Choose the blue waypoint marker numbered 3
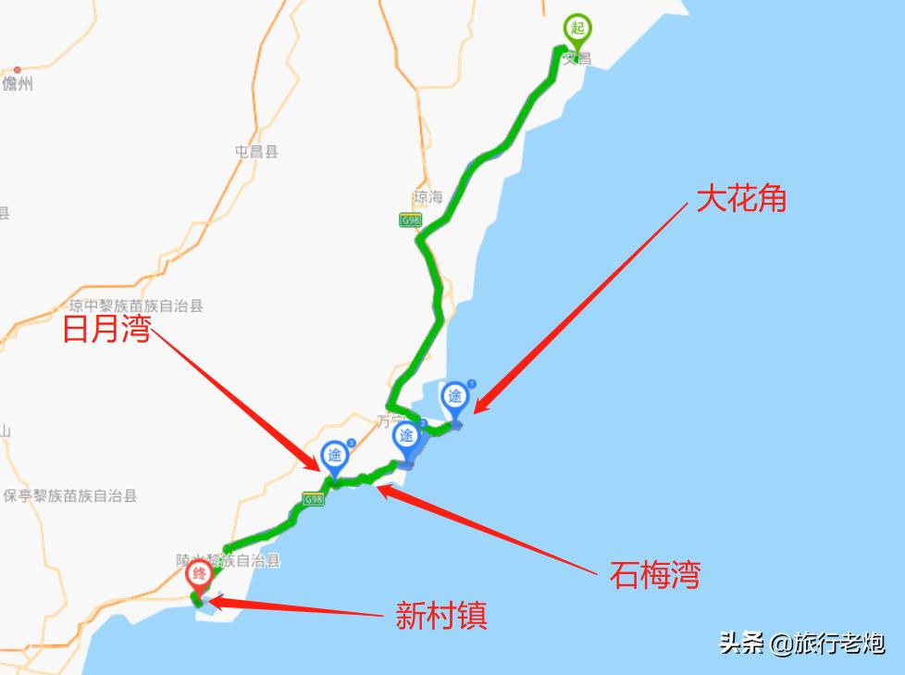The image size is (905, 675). [x=334, y=456]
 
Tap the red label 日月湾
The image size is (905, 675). [x=106, y=330]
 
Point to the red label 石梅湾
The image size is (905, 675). [x=654, y=575]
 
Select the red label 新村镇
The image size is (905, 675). [x=441, y=615]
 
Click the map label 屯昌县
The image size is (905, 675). [x=256, y=152]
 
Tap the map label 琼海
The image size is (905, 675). [x=428, y=197]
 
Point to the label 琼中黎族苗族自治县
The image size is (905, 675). [x=136, y=306]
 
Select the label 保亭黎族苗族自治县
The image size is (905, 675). [x=70, y=495]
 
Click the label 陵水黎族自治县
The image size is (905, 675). [x=228, y=560]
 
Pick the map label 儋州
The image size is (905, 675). [x=18, y=84]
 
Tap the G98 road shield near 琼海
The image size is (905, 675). [x=410, y=220]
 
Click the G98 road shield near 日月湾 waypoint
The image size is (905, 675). [x=312, y=500]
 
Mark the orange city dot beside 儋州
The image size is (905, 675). [x=18, y=69]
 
